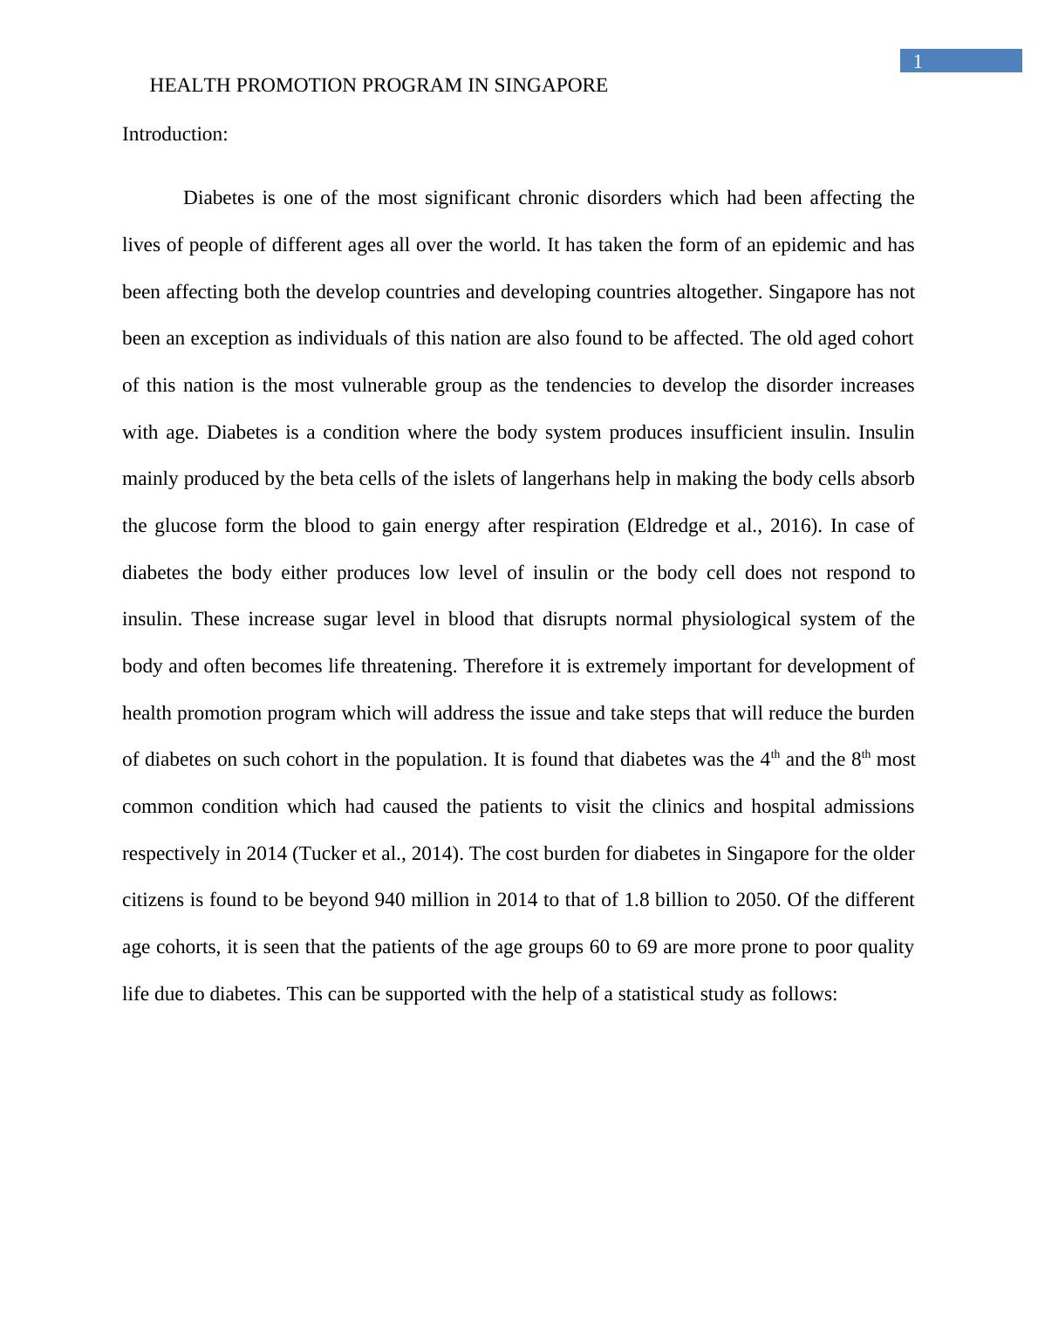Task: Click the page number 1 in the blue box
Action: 917,61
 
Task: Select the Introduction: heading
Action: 174,134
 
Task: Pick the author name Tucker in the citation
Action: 330,854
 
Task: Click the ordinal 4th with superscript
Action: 769,759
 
